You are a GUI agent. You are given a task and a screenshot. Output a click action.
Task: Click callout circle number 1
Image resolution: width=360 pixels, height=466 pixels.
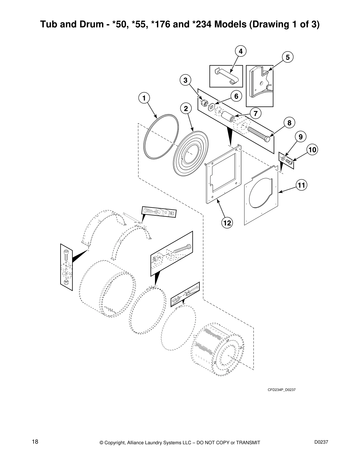pos(144,98)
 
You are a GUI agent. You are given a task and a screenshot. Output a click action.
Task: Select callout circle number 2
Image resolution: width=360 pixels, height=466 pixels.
pos(186,109)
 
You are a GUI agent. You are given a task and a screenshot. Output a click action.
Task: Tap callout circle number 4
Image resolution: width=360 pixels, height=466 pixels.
pos(241,51)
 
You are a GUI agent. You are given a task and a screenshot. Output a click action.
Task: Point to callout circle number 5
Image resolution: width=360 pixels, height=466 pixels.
pos(288,57)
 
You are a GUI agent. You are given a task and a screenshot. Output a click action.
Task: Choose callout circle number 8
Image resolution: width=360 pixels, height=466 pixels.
pos(289,123)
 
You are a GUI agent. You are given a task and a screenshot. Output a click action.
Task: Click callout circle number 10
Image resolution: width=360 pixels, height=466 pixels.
pos(312,150)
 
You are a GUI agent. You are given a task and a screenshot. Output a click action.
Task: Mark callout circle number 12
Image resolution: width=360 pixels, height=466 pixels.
pos(227,223)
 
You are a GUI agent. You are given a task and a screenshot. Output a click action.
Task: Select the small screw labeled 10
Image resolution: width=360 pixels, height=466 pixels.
pos(289,161)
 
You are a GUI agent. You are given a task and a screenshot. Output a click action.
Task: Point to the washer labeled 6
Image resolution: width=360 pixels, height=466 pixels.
pos(211,107)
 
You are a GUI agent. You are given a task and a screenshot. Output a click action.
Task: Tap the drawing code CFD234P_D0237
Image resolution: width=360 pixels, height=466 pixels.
pos(281,390)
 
